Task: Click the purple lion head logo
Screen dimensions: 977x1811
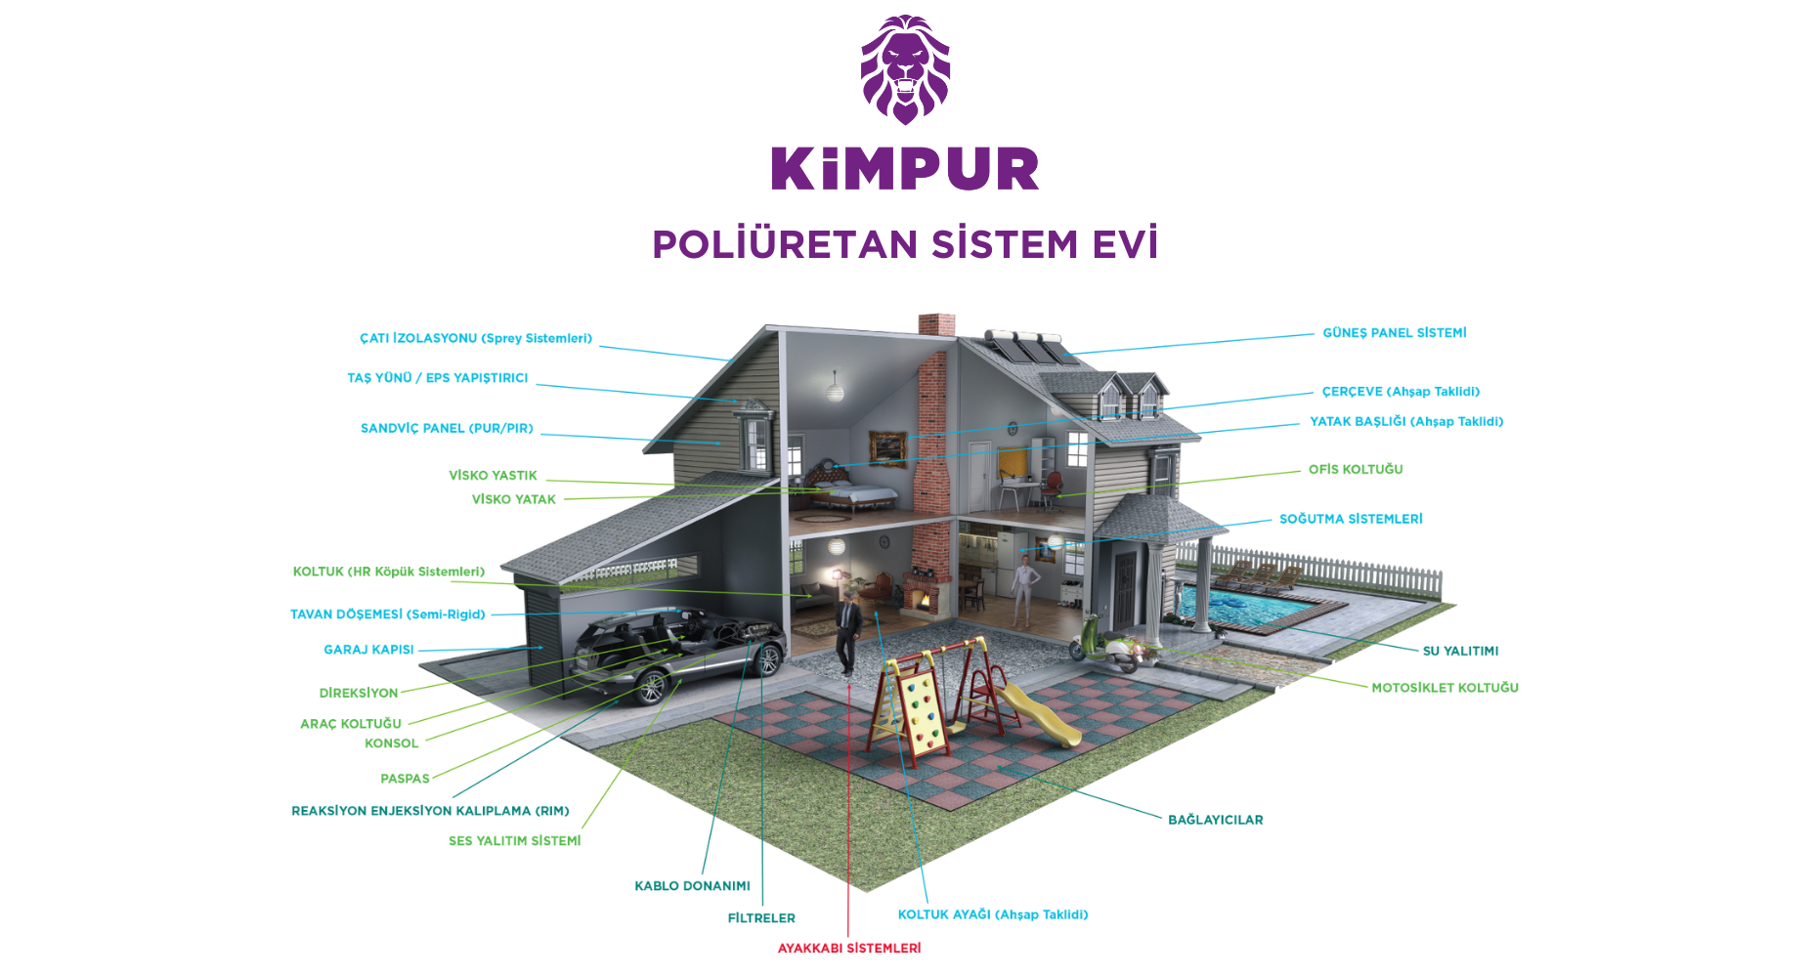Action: tap(905, 68)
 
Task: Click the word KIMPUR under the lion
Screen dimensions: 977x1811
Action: tap(905, 169)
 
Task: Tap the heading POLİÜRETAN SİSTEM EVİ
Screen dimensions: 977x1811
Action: tap(905, 244)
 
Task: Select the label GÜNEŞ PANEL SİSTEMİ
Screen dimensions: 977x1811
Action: tap(1394, 333)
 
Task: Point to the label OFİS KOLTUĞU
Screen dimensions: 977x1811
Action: tap(1356, 470)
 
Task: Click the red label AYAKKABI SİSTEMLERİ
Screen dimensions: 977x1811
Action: tap(848, 949)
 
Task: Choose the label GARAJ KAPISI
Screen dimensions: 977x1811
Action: tap(368, 650)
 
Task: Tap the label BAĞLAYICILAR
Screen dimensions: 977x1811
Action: tap(1215, 821)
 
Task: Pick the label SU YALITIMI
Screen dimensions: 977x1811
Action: tap(1460, 652)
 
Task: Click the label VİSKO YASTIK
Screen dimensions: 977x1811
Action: tap(493, 476)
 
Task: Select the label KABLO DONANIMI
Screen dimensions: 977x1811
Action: tap(692, 886)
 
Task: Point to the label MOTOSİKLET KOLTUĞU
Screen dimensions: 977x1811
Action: tap(1444, 689)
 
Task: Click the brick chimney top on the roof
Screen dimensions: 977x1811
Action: tap(936, 325)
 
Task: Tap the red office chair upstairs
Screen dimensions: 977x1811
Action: tap(1052, 485)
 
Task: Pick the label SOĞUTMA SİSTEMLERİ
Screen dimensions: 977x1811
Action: tap(1351, 520)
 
